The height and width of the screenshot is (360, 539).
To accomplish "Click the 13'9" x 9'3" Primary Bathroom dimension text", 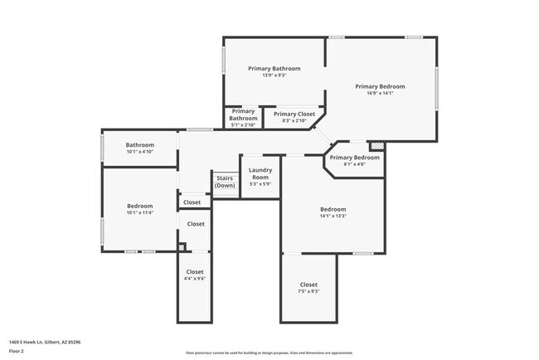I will [274, 75].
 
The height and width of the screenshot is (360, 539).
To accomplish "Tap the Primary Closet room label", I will [294, 114].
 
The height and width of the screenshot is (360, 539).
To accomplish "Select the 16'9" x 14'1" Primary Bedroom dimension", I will [380, 93].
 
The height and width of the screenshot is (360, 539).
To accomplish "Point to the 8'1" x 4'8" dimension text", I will [354, 164].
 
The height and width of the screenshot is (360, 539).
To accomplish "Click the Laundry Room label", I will [260, 173].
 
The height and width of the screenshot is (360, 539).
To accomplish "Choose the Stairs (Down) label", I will [225, 182].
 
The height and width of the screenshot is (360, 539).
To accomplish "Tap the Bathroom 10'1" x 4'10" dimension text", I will [140, 152].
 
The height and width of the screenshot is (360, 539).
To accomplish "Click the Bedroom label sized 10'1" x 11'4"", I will [139, 206].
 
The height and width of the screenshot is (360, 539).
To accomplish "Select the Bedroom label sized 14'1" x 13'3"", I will [333, 209].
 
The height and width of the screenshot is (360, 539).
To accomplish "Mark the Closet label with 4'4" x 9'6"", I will [195, 272].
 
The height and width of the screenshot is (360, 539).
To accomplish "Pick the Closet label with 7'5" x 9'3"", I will [308, 285].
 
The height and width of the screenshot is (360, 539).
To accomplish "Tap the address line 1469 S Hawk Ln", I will [45, 341].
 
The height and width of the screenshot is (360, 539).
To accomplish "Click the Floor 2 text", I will [17, 351].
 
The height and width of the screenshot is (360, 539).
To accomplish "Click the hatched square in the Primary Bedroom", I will [377, 146].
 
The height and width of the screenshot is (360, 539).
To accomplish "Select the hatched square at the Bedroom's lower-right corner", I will [182, 246].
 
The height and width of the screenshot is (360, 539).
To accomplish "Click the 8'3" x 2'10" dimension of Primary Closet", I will [294, 121].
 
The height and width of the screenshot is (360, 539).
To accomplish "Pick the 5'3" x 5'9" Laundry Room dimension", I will [260, 184].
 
